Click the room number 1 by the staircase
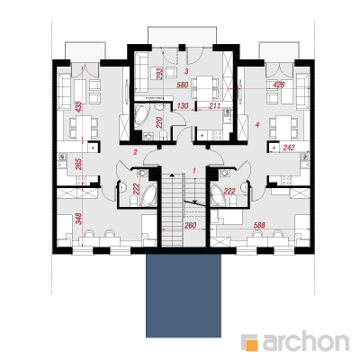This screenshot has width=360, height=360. click(x=194, y=171)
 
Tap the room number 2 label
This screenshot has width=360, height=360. click(x=135, y=152)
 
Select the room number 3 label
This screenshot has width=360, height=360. click(x=186, y=71)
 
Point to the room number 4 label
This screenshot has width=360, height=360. click(x=257, y=124)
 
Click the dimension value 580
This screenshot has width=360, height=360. click(x=183, y=85)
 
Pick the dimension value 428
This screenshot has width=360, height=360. click(x=279, y=85)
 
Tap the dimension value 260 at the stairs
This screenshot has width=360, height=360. click(x=191, y=225)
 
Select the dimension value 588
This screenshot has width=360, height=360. click(x=259, y=225)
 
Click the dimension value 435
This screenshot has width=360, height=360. click(x=78, y=107)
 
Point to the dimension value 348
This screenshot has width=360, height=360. click(x=78, y=219)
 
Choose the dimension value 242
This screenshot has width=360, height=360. click(x=289, y=148)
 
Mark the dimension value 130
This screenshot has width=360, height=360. click(x=183, y=105)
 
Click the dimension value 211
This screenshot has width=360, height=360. click(x=214, y=105)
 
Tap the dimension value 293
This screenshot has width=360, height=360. click(x=159, y=73)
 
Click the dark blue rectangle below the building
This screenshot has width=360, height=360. click(x=184, y=296)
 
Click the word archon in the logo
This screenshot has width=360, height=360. click(x=306, y=341)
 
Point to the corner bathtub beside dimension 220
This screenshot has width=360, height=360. click(x=142, y=116)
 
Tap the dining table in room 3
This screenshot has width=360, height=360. click(x=204, y=87)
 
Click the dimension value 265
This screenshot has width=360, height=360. click(x=78, y=164)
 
